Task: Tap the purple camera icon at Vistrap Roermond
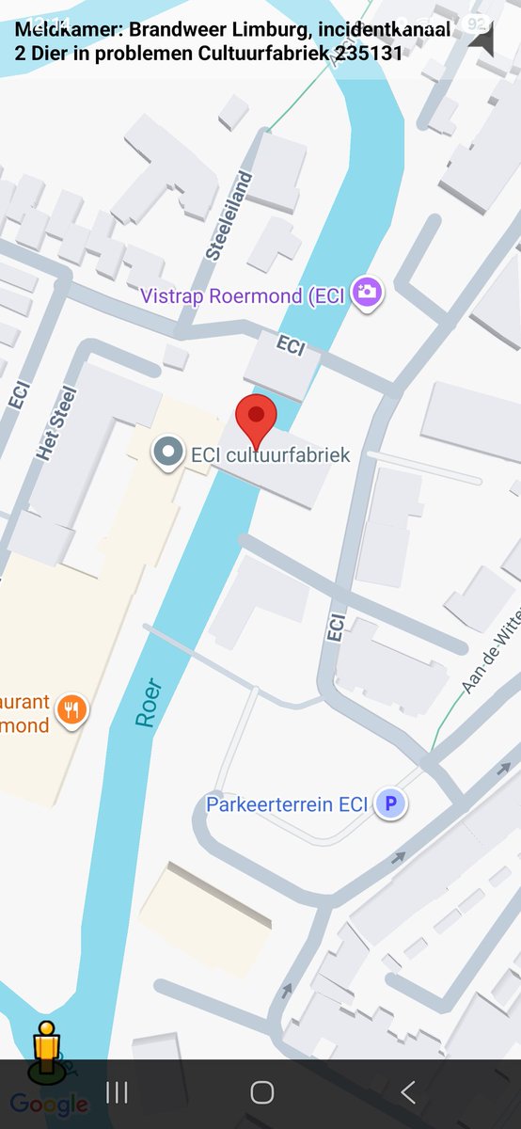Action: [367, 293]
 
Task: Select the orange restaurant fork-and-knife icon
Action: [71, 710]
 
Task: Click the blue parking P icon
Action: [390, 803]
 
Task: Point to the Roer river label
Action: [148, 702]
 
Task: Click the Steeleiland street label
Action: [229, 215]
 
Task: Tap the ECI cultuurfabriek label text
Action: [270, 455]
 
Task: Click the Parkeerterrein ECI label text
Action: [287, 804]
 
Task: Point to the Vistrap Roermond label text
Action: [243, 296]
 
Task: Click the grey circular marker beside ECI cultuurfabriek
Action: [168, 453]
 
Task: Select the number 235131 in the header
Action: [368, 54]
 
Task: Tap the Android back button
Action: [407, 1092]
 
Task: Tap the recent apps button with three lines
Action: [117, 1092]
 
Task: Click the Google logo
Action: [49, 1105]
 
